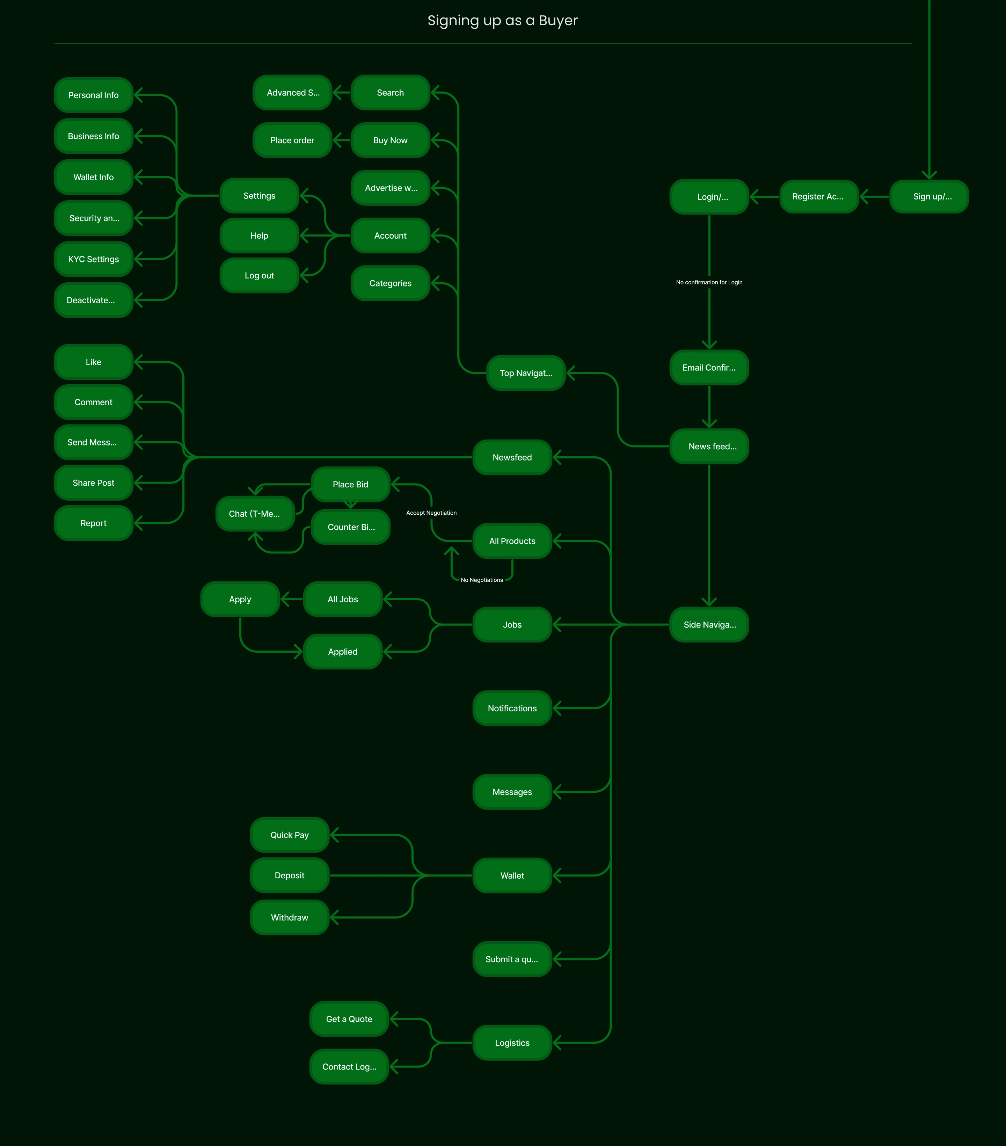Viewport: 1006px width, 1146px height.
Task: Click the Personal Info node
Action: (94, 95)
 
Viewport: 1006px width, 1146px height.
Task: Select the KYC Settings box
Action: (94, 259)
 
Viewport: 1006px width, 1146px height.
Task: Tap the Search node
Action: (390, 93)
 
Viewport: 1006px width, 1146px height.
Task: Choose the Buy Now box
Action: (390, 140)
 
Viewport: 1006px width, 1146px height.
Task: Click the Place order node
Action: (292, 140)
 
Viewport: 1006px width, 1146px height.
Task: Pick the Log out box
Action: (259, 275)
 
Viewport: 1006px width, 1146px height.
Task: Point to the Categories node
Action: (390, 283)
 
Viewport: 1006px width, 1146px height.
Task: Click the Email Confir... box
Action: (709, 367)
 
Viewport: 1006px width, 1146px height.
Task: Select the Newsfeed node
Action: (512, 457)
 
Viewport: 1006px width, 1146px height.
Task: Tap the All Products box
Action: (512, 541)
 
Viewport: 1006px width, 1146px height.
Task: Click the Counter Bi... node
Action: (351, 527)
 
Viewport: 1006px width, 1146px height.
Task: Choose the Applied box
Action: (342, 652)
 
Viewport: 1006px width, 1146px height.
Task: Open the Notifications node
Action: (512, 708)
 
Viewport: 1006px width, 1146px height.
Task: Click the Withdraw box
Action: (289, 917)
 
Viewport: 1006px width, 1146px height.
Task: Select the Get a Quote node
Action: (349, 1019)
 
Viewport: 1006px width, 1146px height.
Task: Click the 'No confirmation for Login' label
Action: (709, 282)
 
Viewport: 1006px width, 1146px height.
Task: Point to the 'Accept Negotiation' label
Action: (431, 513)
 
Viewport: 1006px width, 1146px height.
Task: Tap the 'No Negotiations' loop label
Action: (481, 580)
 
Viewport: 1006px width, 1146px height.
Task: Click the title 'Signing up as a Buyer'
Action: (502, 21)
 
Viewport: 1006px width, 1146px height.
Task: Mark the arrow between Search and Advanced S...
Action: (341, 93)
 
